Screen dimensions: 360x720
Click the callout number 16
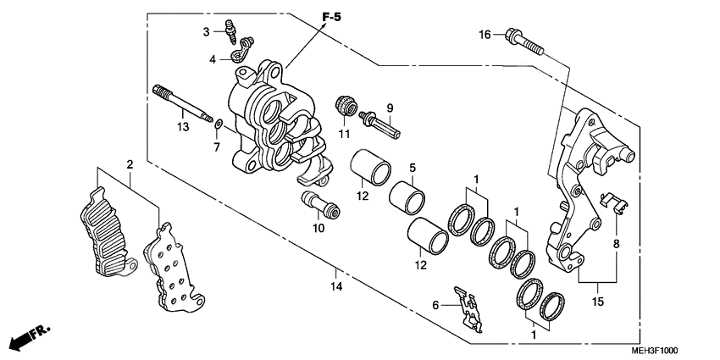pos(485,35)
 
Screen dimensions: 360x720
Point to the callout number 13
pos(182,127)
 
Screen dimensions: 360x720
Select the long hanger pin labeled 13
pos(181,105)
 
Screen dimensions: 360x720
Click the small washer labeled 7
pos(219,125)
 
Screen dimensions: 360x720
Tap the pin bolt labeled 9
pos(382,125)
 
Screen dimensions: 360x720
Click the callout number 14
pos(336,287)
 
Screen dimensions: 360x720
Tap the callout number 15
pos(597,302)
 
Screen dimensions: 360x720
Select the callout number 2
pos(130,164)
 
